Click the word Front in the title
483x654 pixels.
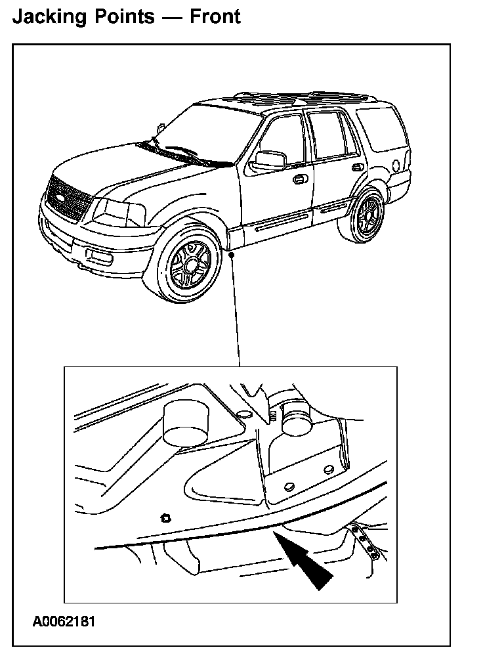[x=215, y=16]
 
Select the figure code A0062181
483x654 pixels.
[x=65, y=621]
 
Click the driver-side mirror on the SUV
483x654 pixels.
[x=269, y=160]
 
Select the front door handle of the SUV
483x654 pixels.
[x=299, y=179]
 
